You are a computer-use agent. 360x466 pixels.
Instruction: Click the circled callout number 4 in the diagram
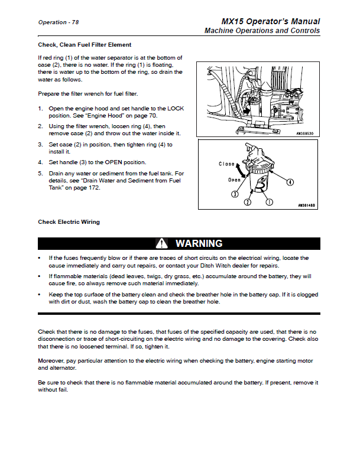(290, 183)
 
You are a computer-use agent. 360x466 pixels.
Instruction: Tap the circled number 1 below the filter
(269, 201)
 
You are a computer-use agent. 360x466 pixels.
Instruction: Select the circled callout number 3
(235, 193)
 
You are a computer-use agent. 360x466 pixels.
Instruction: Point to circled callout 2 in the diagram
(248, 201)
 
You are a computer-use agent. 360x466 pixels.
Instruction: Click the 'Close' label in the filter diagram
(227, 164)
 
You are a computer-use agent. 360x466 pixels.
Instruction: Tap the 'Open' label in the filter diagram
(235, 179)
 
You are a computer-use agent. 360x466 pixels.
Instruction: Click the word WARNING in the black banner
(199, 243)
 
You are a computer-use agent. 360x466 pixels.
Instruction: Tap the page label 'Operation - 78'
(59, 22)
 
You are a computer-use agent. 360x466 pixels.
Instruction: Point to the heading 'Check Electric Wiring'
(69, 222)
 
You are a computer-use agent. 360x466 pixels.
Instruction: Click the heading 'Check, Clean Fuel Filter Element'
(85, 45)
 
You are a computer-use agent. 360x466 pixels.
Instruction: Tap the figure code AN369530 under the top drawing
(306, 133)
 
